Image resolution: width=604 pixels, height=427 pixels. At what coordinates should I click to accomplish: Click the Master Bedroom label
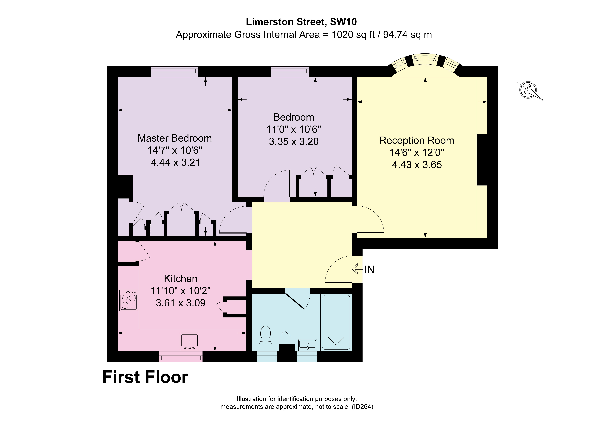[175, 138]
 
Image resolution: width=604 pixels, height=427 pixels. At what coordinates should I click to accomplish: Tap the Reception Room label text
[417, 141]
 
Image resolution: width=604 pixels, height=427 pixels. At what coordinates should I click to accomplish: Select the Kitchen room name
[181, 279]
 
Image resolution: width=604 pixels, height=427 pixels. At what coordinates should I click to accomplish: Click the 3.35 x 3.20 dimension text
[294, 142]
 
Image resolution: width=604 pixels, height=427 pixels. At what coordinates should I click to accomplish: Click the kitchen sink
[189, 341]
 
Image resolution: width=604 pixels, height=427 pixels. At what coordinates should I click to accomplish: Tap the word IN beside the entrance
[369, 269]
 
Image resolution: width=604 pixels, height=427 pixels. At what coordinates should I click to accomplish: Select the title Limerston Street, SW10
[301, 22]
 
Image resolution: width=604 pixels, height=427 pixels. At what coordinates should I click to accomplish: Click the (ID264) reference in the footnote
[363, 407]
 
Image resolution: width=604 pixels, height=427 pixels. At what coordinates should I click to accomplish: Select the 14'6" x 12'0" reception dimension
[417, 153]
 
